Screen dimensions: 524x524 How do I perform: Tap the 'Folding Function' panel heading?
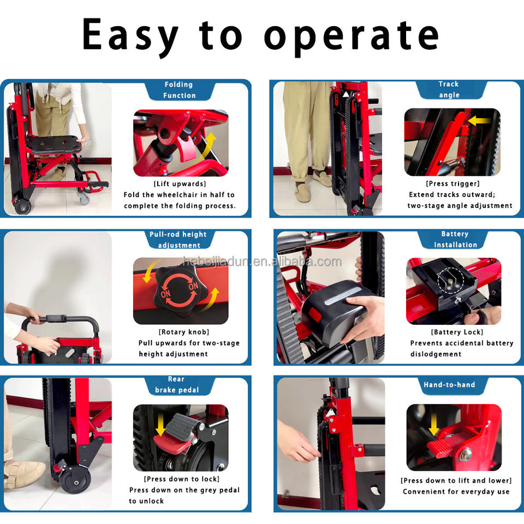179,90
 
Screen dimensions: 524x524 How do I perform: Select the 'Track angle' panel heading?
449,89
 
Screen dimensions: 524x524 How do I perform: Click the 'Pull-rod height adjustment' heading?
178,240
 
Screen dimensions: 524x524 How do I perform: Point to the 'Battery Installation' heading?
455,239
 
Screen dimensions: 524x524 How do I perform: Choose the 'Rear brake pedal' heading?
177,384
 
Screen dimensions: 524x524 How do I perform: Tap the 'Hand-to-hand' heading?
449,385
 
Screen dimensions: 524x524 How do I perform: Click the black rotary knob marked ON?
179,291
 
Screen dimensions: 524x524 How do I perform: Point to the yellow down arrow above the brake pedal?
160,425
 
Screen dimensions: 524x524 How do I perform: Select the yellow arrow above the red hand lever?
434,425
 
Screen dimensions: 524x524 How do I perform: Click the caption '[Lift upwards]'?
180,184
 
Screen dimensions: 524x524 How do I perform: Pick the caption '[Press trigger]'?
452,183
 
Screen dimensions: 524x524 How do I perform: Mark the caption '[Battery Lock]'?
457,332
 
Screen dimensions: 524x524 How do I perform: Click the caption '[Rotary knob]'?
184,332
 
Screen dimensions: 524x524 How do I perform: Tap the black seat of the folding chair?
54,144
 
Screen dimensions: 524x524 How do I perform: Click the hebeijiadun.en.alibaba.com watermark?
263,261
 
